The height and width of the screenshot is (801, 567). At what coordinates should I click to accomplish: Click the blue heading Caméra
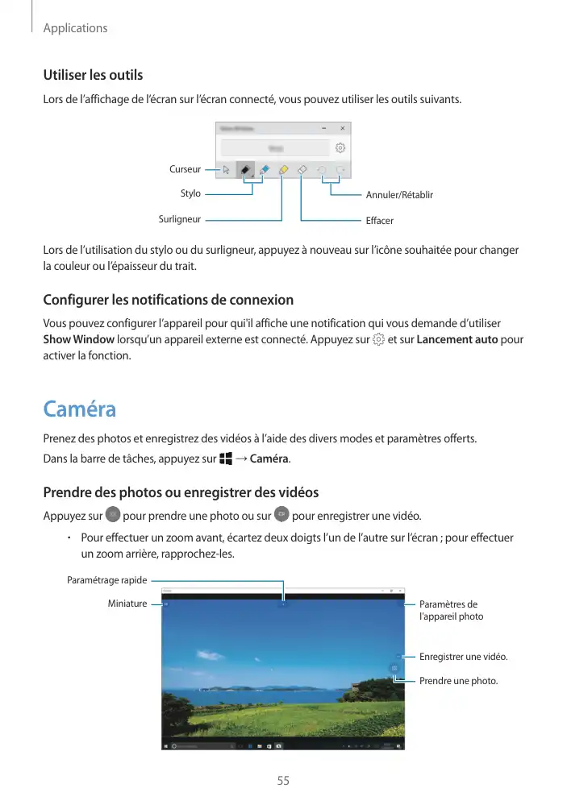(79, 409)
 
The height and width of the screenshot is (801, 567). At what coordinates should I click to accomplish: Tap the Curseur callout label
(185, 169)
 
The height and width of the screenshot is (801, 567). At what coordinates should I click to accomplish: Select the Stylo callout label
(190, 193)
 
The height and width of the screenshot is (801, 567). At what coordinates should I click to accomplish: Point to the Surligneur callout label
(179, 218)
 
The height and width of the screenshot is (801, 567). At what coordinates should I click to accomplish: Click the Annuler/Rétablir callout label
(399, 195)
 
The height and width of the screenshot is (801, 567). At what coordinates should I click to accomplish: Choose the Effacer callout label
(379, 220)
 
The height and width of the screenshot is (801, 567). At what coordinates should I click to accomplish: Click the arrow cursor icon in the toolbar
(227, 170)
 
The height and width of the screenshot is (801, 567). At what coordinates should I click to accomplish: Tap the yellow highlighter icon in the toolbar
(283, 170)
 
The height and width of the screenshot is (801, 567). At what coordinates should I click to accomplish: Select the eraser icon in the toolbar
(302, 170)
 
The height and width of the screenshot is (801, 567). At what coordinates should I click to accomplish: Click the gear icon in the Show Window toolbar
(340, 148)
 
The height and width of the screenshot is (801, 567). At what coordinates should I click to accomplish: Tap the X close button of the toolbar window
(342, 127)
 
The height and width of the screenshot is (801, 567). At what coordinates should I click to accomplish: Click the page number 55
(283, 781)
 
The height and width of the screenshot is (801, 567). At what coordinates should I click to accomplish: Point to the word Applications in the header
(75, 28)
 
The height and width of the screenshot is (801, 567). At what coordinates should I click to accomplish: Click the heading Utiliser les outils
(93, 75)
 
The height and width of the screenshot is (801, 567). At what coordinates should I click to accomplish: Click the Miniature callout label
(127, 604)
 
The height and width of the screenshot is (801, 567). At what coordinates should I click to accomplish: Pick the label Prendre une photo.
(458, 681)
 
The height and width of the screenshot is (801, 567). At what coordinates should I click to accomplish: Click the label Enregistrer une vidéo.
(464, 657)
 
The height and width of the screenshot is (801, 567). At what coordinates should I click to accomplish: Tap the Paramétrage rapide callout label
(106, 579)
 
